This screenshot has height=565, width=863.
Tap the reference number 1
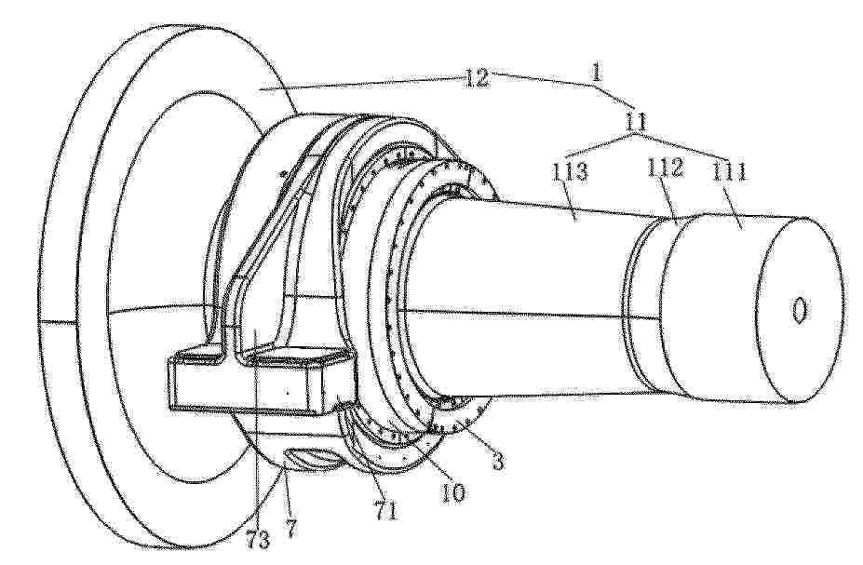pyautogui.click(x=596, y=73)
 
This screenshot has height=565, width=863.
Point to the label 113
pyautogui.click(x=570, y=172)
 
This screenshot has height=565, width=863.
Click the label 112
pyautogui.click(x=665, y=168)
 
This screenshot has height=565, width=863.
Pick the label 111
pyautogui.click(x=729, y=171)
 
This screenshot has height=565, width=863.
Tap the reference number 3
pyautogui.click(x=497, y=461)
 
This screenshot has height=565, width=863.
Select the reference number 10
pyautogui.click(x=454, y=491)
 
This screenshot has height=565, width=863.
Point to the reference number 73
pyautogui.click(x=258, y=540)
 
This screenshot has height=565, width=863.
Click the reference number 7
pyautogui.click(x=290, y=528)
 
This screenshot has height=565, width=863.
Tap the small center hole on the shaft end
pyautogui.click(x=800, y=310)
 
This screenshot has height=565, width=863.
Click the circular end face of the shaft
pyautogui.click(x=800, y=312)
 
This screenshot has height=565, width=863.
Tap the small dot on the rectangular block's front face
pyautogui.click(x=288, y=393)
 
